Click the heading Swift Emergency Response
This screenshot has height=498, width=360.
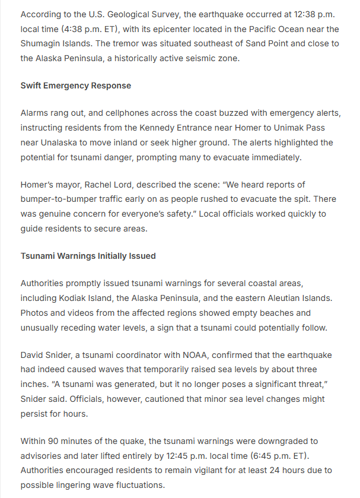pyautogui.click(x=76, y=85)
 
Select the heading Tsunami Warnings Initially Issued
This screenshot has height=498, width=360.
pyautogui.click(x=88, y=256)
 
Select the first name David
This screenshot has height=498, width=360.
pyautogui.click(x=33, y=355)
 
